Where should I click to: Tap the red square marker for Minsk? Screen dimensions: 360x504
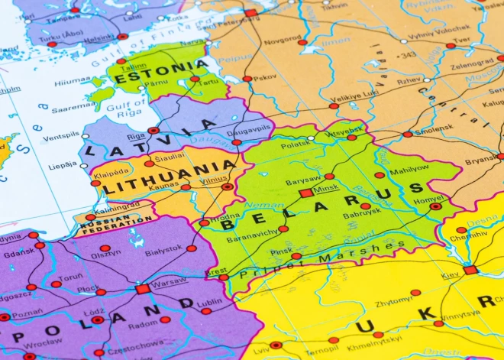pyautogui.click(x=306, y=193)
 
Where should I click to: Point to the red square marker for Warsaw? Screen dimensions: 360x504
pyautogui.click(x=142, y=289)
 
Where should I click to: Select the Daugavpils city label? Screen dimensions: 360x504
pyautogui.click(x=250, y=131)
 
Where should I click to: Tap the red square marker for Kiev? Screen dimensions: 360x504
pyautogui.click(x=470, y=270)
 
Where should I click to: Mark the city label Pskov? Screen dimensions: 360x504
pyautogui.click(x=266, y=77)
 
